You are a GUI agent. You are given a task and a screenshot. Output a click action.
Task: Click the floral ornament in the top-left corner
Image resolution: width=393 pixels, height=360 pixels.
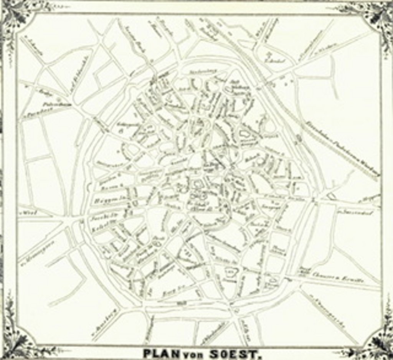tap(15, 15)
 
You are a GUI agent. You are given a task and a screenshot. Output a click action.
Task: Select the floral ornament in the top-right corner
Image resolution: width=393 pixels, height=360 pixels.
tap(378, 15)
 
